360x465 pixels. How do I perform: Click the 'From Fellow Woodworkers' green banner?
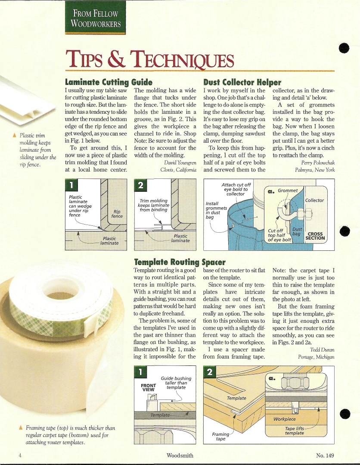pyautogui.click(x=95, y=18)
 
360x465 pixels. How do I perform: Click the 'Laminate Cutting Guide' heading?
pyautogui.click(x=109, y=82)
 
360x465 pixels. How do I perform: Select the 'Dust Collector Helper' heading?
pyautogui.click(x=242, y=82)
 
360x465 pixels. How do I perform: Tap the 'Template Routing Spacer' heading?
pyautogui.click(x=180, y=262)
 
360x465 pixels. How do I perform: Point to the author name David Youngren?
pyautogui.click(x=180, y=162)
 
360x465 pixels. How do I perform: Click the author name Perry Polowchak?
pyautogui.click(x=318, y=162)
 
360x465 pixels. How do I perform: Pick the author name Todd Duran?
pyautogui.click(x=322, y=350)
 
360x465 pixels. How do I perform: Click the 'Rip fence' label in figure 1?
pyautogui.click(x=117, y=214)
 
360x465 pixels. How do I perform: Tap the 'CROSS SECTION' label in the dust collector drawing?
pyautogui.click(x=315, y=236)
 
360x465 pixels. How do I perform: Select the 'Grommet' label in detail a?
pyautogui.click(x=287, y=190)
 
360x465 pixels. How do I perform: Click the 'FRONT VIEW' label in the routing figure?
pyautogui.click(x=148, y=387)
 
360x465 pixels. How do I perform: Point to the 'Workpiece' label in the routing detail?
pyautogui.click(x=285, y=419)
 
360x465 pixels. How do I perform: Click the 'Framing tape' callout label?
pyautogui.click(x=221, y=436)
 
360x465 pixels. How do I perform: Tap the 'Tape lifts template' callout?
pyautogui.click(x=295, y=431)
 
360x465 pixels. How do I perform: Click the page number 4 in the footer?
pyautogui.click(x=20, y=456)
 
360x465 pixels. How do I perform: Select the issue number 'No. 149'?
pyautogui.click(x=325, y=456)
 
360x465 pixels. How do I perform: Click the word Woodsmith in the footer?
pyautogui.click(x=180, y=456)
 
